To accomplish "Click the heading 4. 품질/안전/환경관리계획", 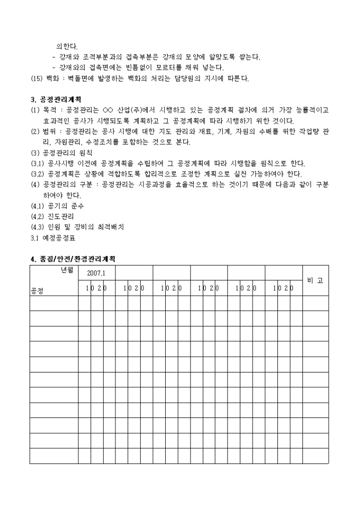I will [73, 259].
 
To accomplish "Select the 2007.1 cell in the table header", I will [96, 274].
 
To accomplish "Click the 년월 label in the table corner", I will [66, 270].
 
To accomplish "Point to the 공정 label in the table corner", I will [38, 290].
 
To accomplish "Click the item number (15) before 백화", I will [37, 78].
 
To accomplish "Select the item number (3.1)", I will [38, 163].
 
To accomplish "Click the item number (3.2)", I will [38, 174].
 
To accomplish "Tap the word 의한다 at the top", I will [67, 47].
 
